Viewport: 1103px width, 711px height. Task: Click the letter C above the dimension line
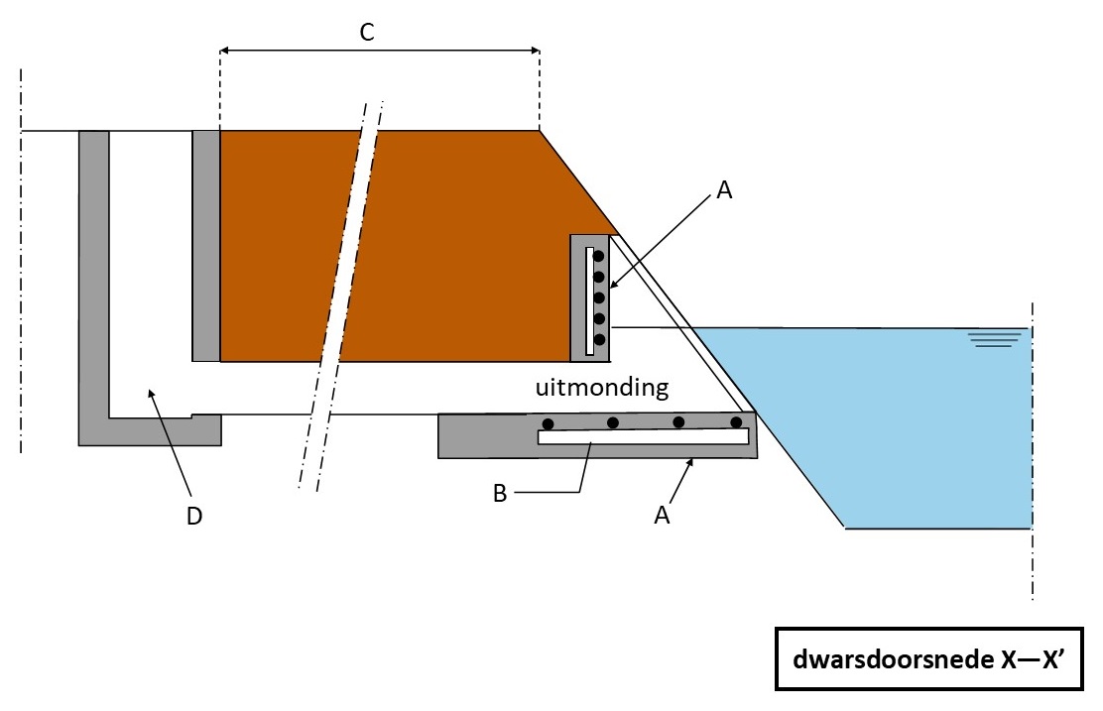pyautogui.click(x=366, y=33)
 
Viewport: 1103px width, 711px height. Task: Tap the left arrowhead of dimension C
pyautogui.click(x=224, y=49)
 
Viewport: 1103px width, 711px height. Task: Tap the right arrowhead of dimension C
pyautogui.click(x=535, y=49)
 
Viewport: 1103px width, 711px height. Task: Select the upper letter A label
pyautogui.click(x=724, y=191)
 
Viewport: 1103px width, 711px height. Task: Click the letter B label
pyautogui.click(x=500, y=493)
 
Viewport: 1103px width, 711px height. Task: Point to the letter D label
pyautogui.click(x=194, y=516)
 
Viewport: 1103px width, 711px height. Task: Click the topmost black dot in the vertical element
pyautogui.click(x=599, y=256)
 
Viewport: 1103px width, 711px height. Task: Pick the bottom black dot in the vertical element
pyautogui.click(x=599, y=339)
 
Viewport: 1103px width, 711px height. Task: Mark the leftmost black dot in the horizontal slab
pyautogui.click(x=546, y=423)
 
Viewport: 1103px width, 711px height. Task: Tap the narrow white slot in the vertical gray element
pyautogui.click(x=589, y=300)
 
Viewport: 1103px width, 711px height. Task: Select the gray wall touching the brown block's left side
pyautogui.click(x=205, y=245)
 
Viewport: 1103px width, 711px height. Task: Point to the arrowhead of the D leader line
pyautogui.click(x=150, y=394)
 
